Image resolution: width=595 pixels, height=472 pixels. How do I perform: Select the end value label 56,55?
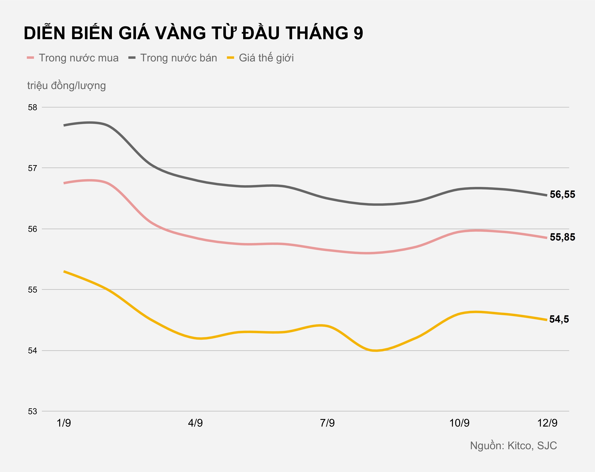click(x=562, y=194)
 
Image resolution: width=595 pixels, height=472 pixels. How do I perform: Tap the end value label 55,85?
click(x=562, y=237)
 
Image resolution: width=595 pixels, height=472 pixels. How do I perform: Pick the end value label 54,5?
click(x=559, y=319)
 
